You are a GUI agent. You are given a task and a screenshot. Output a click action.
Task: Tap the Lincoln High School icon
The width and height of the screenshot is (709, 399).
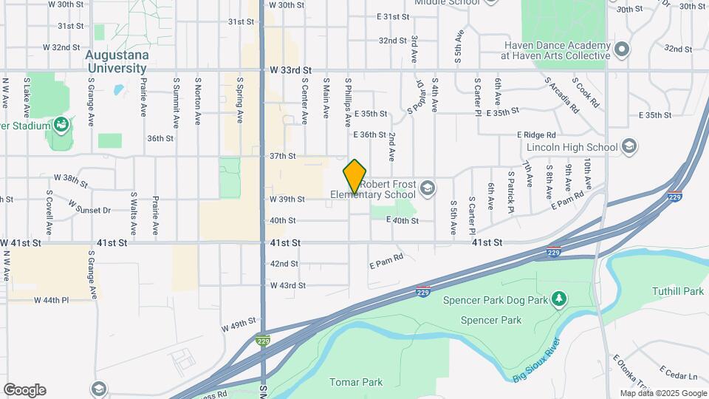point(628,146)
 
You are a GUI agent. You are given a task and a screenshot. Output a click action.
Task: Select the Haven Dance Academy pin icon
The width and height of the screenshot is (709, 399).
point(622,50)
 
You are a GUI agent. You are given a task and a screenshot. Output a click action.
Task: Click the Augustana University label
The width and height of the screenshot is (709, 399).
point(117,61)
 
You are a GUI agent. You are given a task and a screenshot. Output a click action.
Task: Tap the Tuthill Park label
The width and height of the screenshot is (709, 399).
point(678,291)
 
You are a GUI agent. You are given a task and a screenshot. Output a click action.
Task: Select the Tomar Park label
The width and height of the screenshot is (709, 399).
point(356,382)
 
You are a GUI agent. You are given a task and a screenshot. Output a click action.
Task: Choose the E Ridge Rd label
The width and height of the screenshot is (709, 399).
point(535,135)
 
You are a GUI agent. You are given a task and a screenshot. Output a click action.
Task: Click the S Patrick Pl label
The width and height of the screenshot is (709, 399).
point(510,191)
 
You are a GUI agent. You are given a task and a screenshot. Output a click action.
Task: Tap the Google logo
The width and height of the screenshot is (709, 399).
point(24,390)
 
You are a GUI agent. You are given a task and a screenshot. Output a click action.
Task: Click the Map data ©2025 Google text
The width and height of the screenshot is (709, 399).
point(663,393)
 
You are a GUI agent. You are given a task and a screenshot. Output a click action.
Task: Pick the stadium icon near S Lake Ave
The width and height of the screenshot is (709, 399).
point(61,125)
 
